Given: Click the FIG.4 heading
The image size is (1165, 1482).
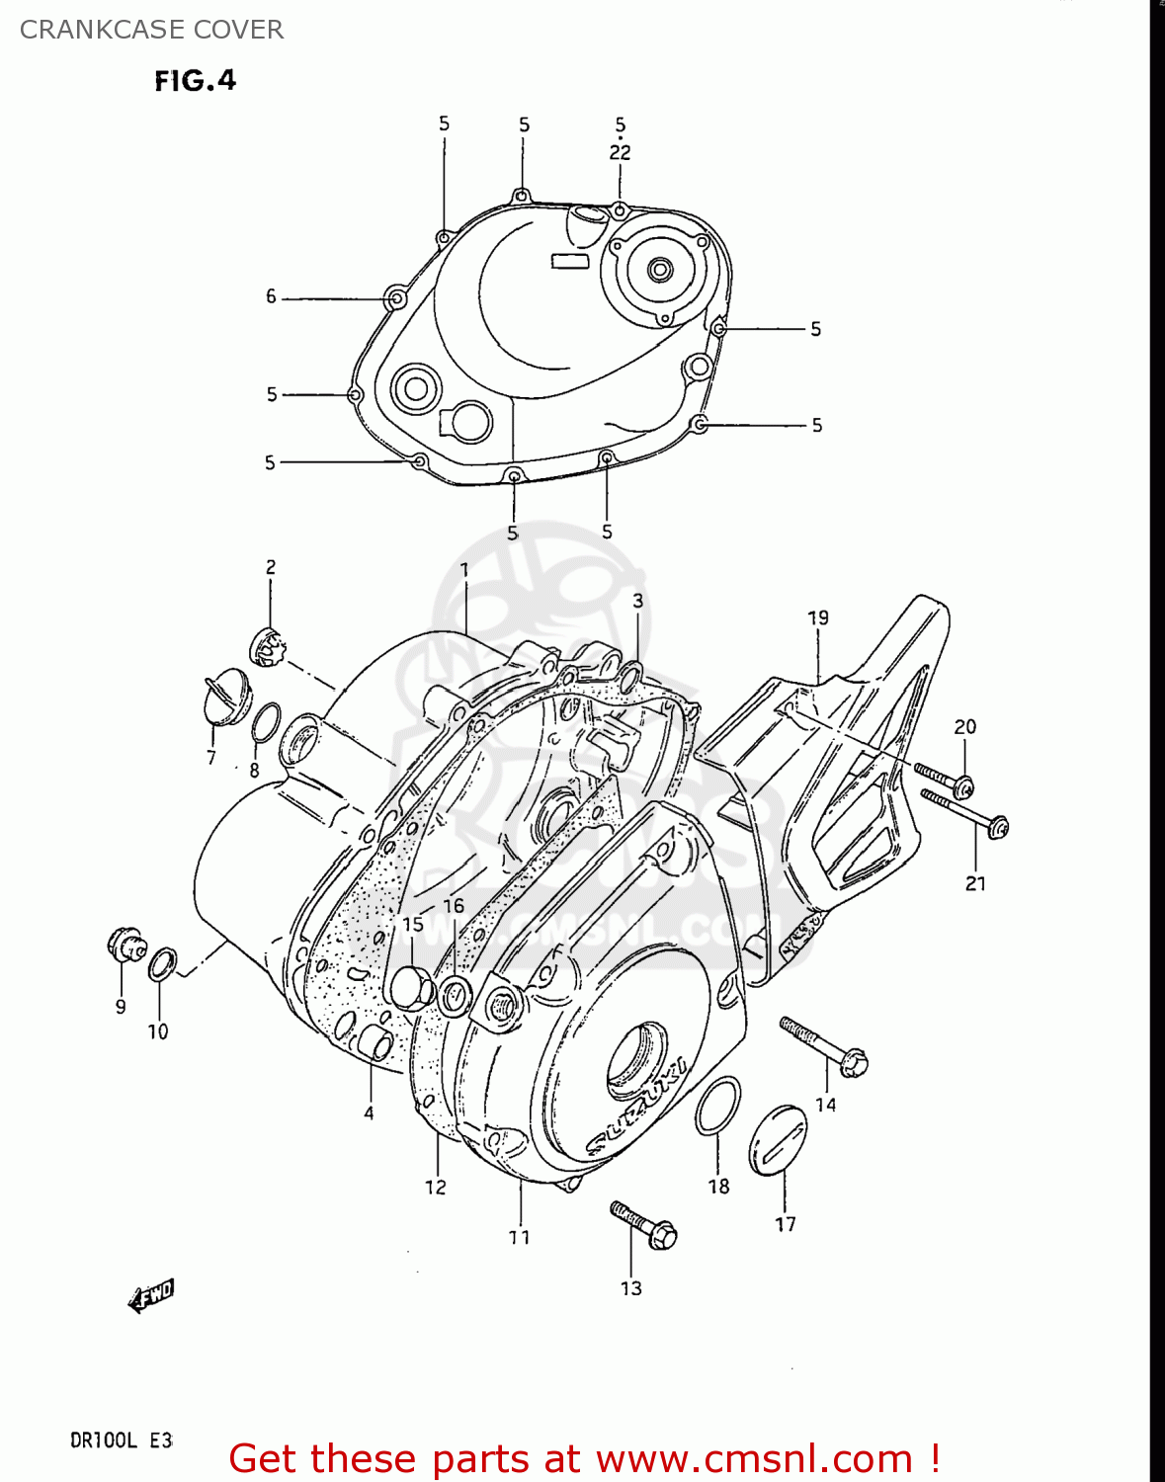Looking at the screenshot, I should click(195, 80).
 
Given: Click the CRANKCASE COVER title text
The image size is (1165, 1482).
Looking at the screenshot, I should click(151, 30).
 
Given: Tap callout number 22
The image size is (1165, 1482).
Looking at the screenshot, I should click(620, 152).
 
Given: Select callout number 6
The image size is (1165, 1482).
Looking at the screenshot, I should click(271, 296).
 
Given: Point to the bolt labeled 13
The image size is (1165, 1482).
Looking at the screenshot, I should click(643, 1225).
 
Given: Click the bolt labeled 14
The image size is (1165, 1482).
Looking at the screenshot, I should click(823, 1046).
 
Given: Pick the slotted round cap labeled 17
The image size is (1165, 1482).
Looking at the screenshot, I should click(779, 1142).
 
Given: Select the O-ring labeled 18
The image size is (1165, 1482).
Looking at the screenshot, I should click(717, 1107).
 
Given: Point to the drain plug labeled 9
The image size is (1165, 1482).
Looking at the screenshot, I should click(125, 944).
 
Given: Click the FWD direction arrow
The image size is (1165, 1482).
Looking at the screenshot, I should click(151, 1295).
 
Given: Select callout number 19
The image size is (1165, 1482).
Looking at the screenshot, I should click(817, 617).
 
